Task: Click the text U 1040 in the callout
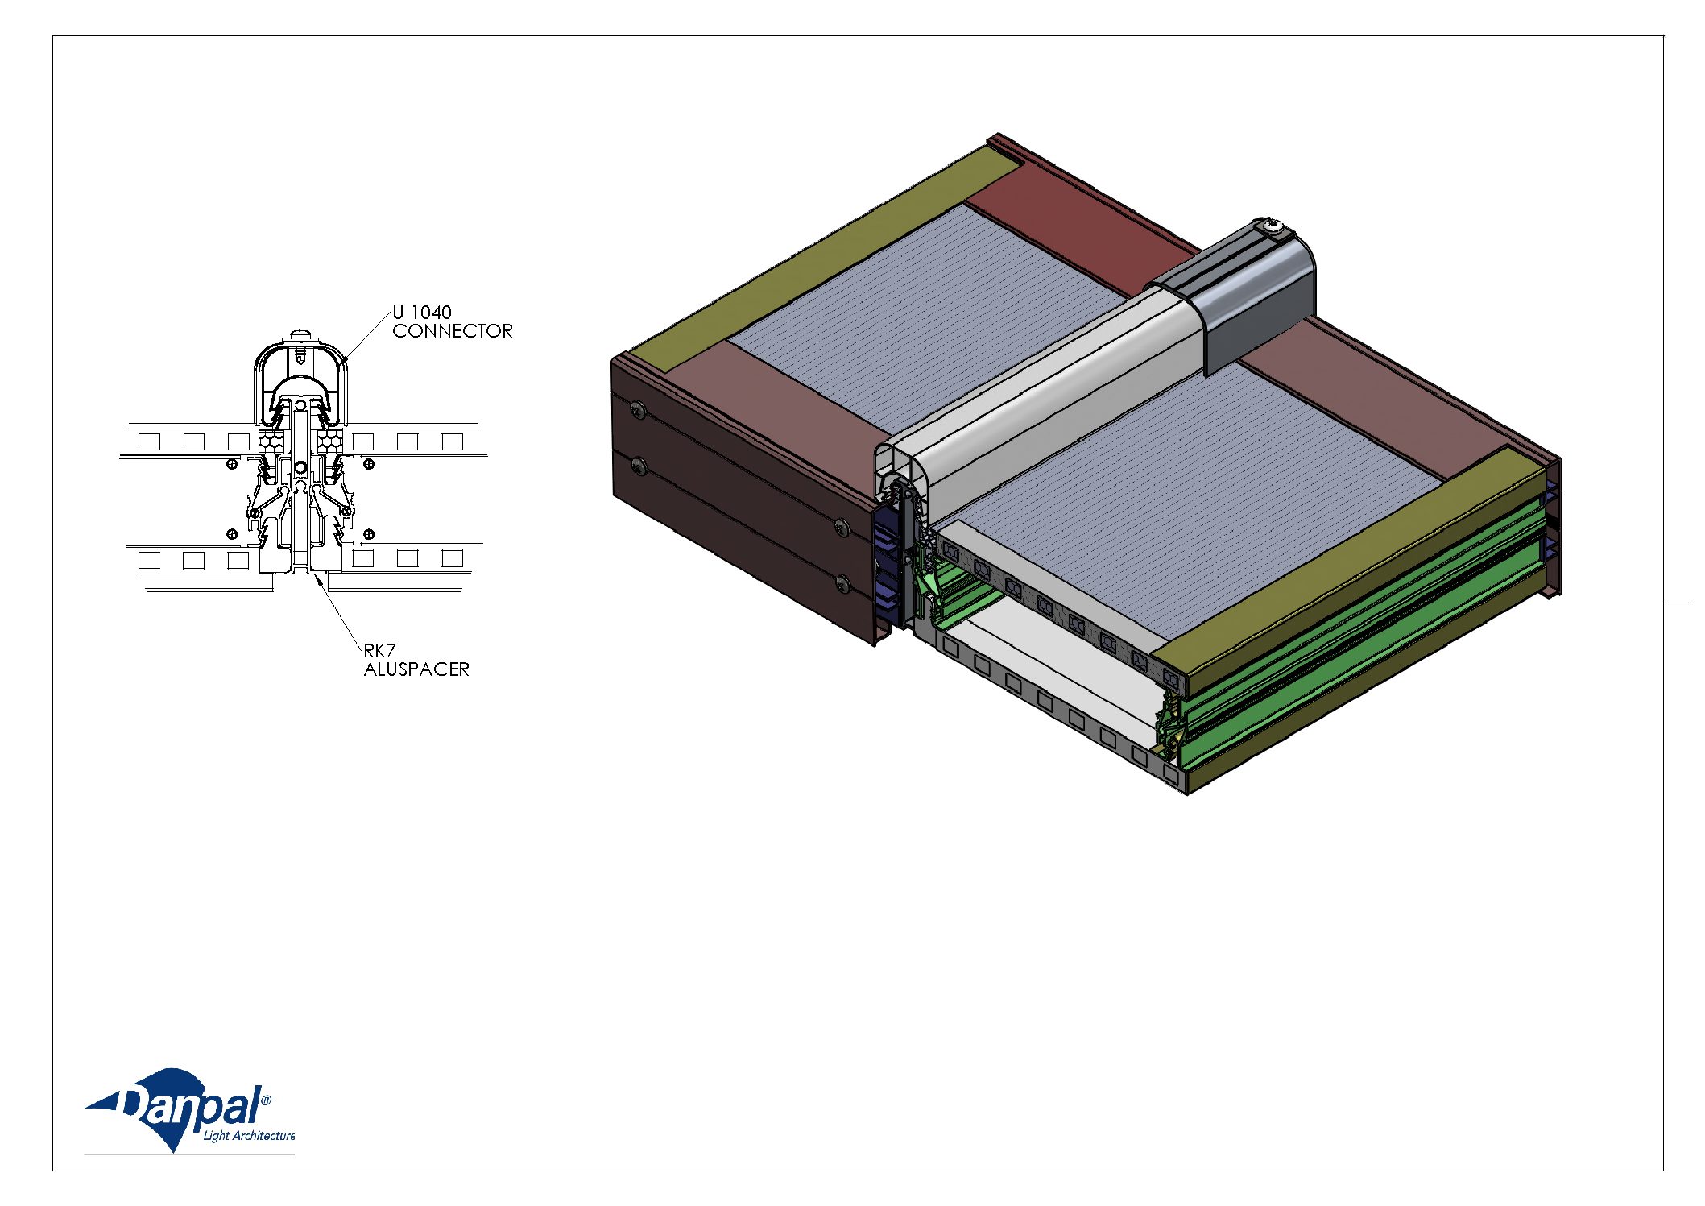coord(422,313)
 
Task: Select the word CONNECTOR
coord(453,331)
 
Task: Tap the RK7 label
coord(379,650)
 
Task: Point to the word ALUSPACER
coord(416,669)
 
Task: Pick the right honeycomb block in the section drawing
coord(329,440)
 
